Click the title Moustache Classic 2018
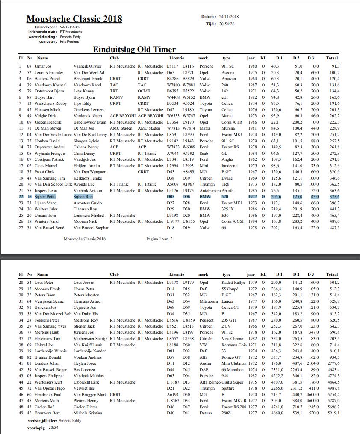tap(74, 19)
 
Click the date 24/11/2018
tap(229, 17)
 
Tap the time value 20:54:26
tap(227, 24)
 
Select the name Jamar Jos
tap(43, 66)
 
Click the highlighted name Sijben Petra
tap(45, 197)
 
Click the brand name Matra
tap(204, 128)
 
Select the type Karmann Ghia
tap(233, 345)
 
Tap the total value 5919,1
tap(333, 413)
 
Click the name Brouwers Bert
tap(47, 413)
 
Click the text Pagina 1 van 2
tap(159, 239)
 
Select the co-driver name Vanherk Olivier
tap(87, 66)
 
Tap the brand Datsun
tap(206, 413)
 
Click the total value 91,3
tap(335, 66)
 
